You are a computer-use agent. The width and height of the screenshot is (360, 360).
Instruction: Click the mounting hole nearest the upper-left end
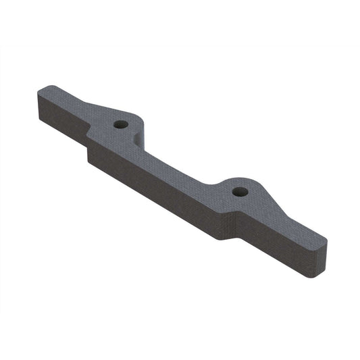tap(121, 125)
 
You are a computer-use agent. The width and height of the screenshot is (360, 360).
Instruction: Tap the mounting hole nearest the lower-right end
tap(238, 192)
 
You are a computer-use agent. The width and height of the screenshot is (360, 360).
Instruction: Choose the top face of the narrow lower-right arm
tap(297, 226)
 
